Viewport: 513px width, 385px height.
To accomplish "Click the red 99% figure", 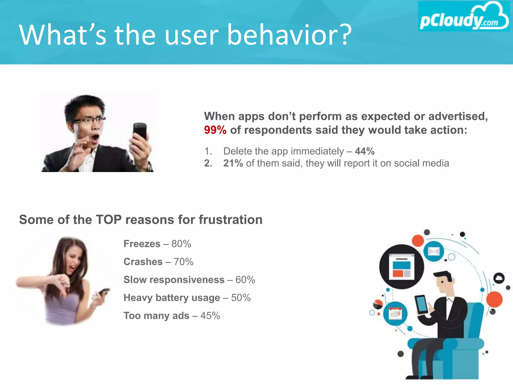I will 215,130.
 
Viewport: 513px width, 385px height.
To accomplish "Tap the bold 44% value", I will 365,151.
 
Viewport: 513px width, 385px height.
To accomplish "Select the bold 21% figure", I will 233,163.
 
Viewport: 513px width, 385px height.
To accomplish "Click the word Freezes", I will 142,244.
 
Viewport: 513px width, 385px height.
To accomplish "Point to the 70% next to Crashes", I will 184,262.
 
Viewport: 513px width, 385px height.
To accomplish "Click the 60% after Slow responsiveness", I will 245,280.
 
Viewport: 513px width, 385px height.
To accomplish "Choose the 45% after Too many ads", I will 210,316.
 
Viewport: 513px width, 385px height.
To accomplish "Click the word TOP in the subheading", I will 109,220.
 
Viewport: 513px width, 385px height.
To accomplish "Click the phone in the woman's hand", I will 103,292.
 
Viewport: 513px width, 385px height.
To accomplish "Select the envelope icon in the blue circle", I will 434,251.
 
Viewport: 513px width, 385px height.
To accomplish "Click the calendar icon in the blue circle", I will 395,314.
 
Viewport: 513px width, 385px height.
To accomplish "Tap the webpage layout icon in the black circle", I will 402,266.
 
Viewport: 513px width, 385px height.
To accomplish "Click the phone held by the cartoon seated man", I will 422,304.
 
